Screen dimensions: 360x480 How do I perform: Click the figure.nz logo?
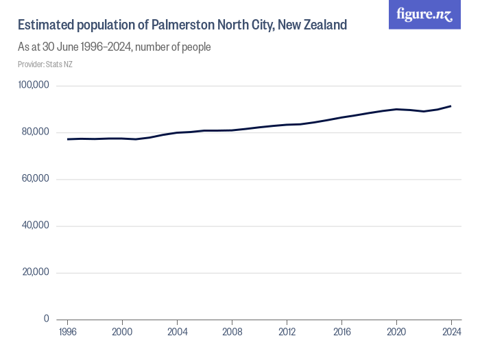[x=424, y=15]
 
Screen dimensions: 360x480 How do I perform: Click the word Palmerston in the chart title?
[x=187, y=25]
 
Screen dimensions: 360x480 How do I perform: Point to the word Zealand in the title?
[x=322, y=25]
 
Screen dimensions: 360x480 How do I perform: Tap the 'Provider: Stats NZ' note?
[x=45, y=64]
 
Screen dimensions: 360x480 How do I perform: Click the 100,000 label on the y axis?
[x=34, y=85]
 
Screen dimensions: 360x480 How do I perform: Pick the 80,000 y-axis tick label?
[x=35, y=132]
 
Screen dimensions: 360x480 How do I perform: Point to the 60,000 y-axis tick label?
[x=35, y=178]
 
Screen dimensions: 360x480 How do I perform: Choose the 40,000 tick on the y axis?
[x=35, y=225]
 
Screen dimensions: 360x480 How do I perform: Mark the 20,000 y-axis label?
[x=35, y=272]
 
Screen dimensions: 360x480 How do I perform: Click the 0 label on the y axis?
[x=47, y=319]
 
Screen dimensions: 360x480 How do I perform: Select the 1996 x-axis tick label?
[x=67, y=332]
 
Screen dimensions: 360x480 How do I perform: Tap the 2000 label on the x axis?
[x=122, y=332]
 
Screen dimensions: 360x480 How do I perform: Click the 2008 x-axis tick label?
[x=232, y=332]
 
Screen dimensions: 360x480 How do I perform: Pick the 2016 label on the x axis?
[x=341, y=332]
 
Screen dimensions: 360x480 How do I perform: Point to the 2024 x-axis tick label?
[x=451, y=332]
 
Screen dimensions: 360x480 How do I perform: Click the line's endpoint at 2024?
[x=451, y=106]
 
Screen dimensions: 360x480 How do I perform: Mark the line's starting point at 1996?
[x=67, y=139]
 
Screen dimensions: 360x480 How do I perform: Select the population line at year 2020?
[x=396, y=109]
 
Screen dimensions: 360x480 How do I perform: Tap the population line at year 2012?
[x=287, y=125]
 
